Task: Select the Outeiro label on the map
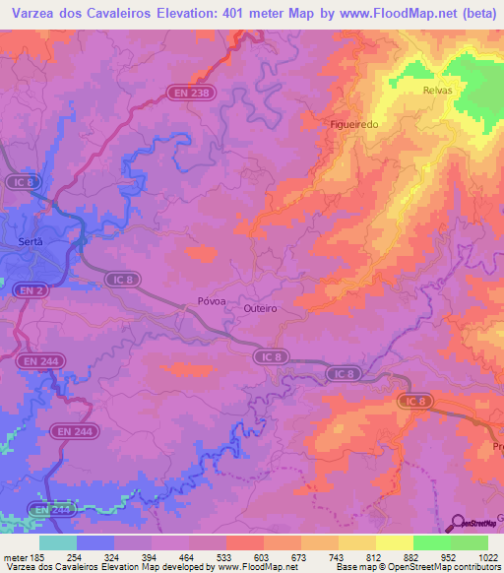[260, 308]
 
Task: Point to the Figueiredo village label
[355, 125]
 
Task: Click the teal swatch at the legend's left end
[57, 542]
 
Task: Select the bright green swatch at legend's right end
[469, 542]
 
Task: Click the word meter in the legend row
[17, 557]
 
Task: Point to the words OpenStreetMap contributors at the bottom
[442, 568]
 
